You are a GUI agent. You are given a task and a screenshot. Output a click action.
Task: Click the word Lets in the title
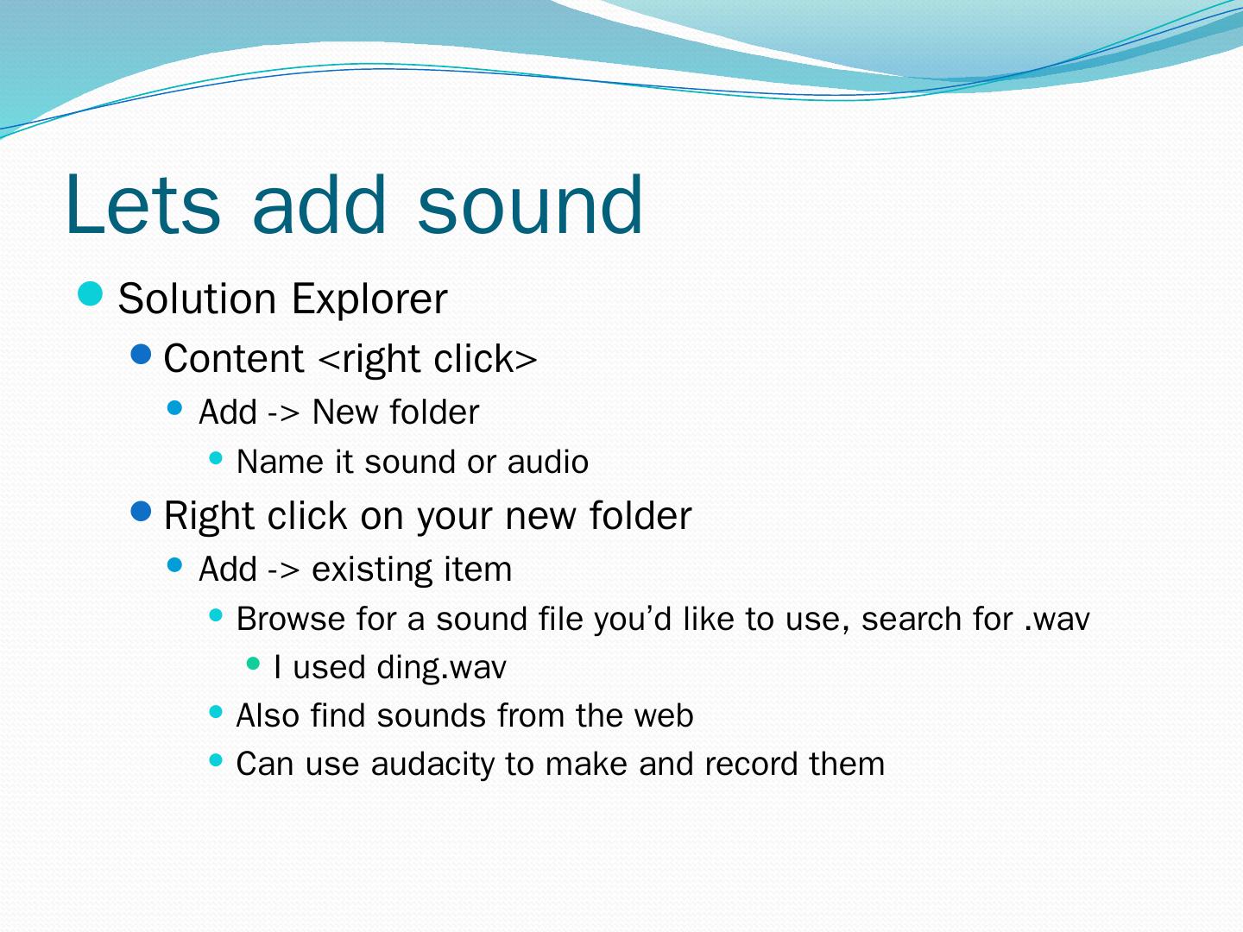point(142,205)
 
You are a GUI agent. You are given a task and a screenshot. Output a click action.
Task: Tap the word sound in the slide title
point(530,205)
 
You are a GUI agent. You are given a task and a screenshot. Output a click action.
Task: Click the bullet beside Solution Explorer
point(90,293)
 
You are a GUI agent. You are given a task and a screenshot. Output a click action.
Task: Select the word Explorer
point(369,299)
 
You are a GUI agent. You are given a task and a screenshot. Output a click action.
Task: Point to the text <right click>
point(427,359)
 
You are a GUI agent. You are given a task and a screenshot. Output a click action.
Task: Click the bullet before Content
point(141,355)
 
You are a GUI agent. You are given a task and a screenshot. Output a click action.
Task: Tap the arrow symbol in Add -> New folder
point(283,412)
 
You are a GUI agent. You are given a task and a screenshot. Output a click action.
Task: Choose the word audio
point(548,462)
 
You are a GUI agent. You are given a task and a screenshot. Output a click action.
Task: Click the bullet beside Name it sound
point(216,457)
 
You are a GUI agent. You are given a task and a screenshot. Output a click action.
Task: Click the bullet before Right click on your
point(141,512)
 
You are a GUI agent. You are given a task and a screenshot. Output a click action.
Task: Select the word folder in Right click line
point(640,515)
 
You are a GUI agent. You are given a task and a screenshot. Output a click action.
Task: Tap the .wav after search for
point(1057,620)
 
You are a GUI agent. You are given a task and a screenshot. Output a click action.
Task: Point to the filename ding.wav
point(441,667)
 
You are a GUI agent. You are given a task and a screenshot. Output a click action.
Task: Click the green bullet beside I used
point(253,664)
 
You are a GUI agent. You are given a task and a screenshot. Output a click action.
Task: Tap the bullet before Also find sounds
point(216,711)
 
